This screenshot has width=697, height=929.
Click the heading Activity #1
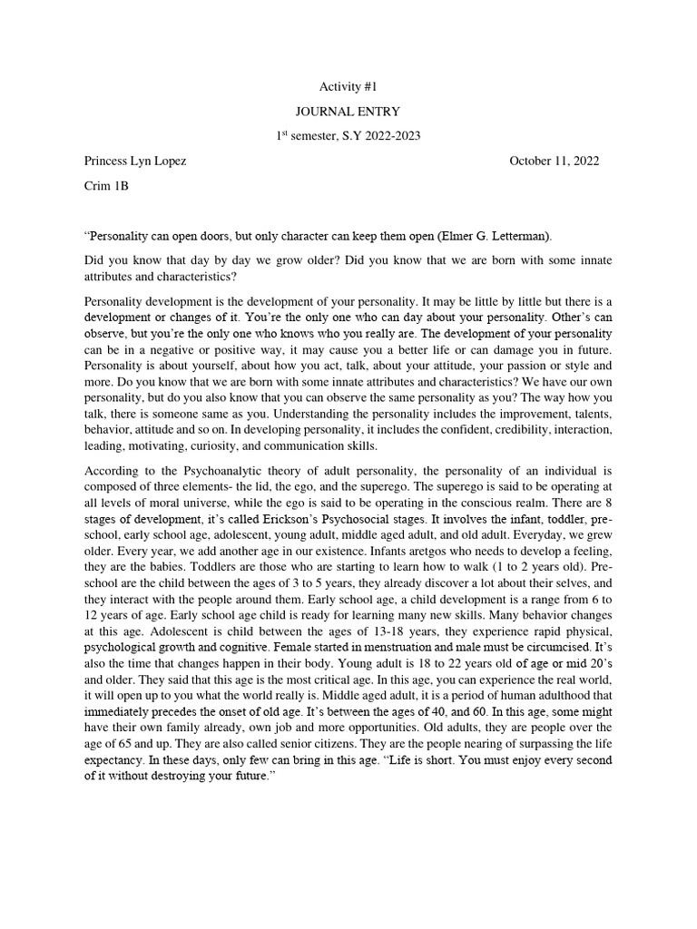click(348, 86)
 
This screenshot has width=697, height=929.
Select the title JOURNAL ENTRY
click(348, 111)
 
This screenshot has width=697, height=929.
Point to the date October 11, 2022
click(554, 161)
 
